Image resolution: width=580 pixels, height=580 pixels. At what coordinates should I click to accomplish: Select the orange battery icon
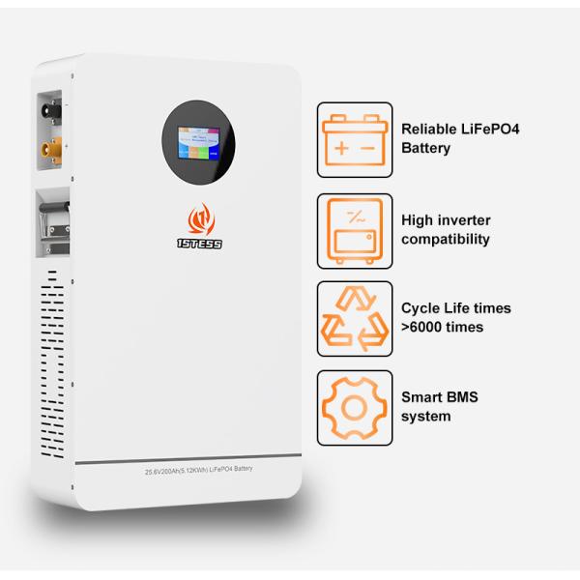tap(354, 139)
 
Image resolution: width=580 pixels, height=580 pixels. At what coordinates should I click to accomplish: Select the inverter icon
tap(354, 229)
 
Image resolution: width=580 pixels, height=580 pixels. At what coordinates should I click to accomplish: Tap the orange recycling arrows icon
tap(354, 318)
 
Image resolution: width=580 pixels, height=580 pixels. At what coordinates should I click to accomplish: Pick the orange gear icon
tap(354, 407)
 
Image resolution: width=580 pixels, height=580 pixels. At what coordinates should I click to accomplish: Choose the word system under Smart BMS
tap(425, 417)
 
